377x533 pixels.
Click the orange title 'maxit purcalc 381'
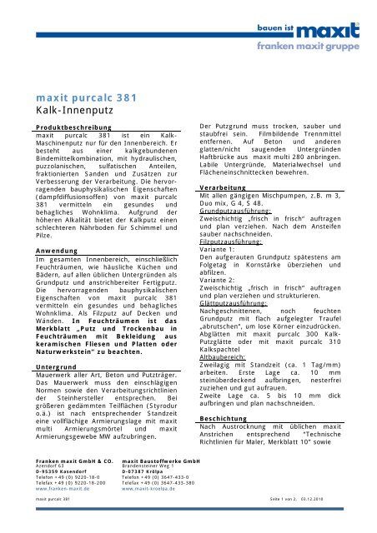click(83, 93)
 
